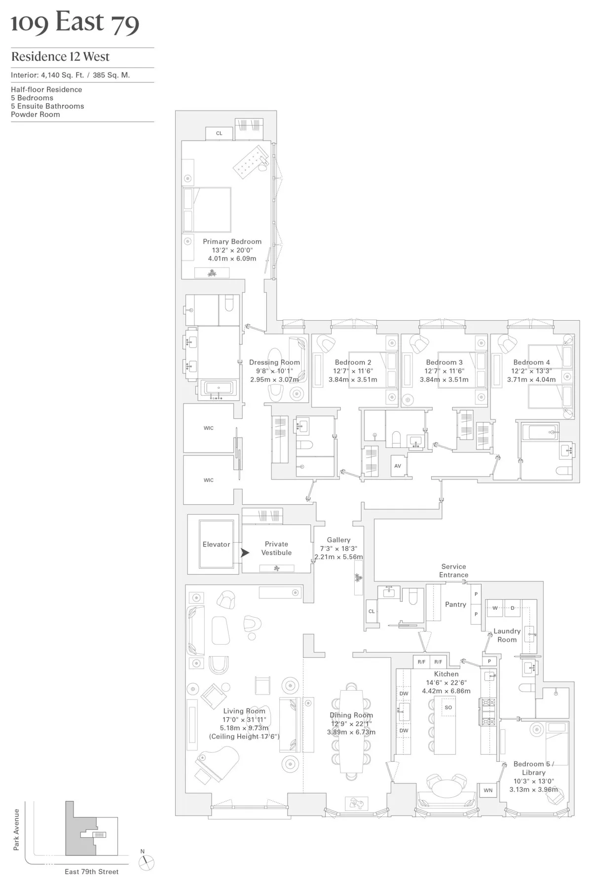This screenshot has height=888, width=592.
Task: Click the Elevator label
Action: (216, 544)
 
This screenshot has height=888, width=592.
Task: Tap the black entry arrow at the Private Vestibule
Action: (245, 553)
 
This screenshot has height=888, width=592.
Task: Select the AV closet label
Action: (398, 466)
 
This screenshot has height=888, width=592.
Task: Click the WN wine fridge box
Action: (488, 790)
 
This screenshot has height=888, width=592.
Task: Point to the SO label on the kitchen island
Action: (448, 707)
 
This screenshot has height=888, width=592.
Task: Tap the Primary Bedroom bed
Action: (207, 210)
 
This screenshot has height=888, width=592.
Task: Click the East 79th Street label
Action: (92, 872)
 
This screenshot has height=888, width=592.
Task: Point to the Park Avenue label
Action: (16, 829)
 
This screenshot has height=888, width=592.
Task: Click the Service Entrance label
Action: (453, 571)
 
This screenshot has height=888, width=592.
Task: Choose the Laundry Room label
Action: (507, 635)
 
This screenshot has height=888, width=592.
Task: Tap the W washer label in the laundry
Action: (495, 608)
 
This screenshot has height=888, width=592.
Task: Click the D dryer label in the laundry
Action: (513, 608)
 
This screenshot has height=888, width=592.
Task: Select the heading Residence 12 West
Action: (60, 57)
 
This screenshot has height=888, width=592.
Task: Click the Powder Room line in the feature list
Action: (36, 114)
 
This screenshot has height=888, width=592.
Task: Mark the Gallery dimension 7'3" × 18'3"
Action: (338, 549)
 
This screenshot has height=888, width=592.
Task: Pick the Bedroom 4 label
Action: (531, 362)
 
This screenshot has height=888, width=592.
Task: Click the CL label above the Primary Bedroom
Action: (219, 133)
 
